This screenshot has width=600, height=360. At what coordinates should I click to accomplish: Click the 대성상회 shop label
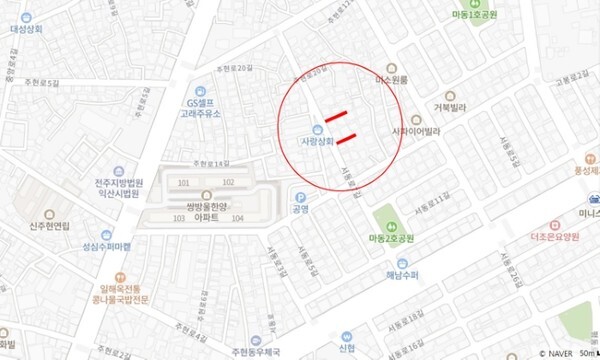tap(30, 29)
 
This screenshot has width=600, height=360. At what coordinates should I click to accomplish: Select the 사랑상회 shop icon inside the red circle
tap(316, 129)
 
